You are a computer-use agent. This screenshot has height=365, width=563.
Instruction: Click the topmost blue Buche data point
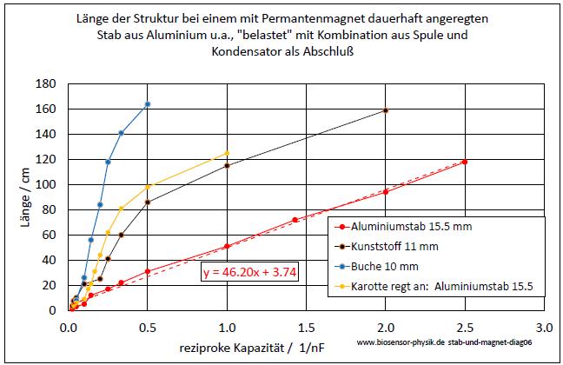click(x=148, y=104)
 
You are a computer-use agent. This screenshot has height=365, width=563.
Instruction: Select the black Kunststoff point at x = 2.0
click(x=386, y=110)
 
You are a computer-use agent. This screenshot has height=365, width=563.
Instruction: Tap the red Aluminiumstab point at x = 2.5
click(x=465, y=162)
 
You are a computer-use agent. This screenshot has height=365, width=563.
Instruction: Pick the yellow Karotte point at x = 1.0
click(x=227, y=153)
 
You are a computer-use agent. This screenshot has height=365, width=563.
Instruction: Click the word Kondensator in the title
click(x=248, y=51)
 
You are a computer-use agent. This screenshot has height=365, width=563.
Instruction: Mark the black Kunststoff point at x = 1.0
click(x=227, y=165)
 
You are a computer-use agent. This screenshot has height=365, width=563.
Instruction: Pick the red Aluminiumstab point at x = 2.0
click(x=386, y=192)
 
